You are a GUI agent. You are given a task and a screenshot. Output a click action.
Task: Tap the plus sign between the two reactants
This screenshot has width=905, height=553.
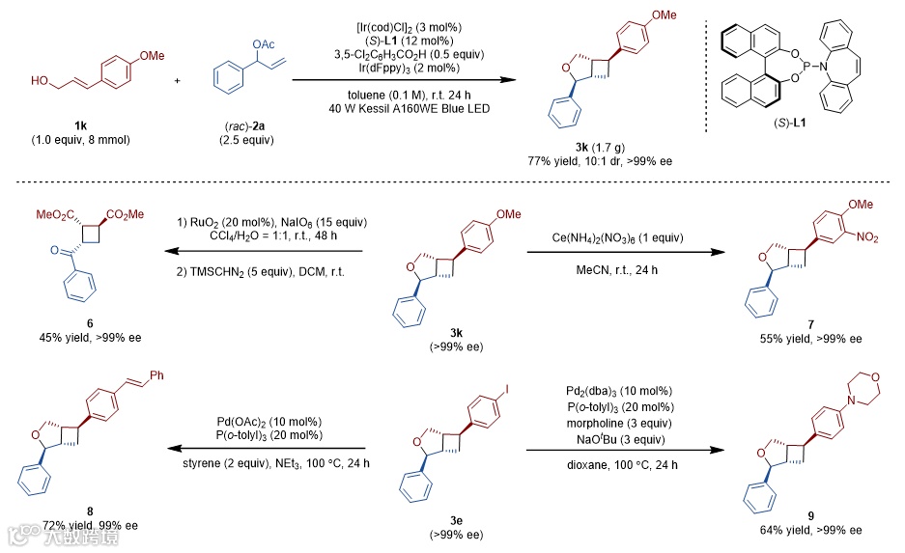click(177, 79)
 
